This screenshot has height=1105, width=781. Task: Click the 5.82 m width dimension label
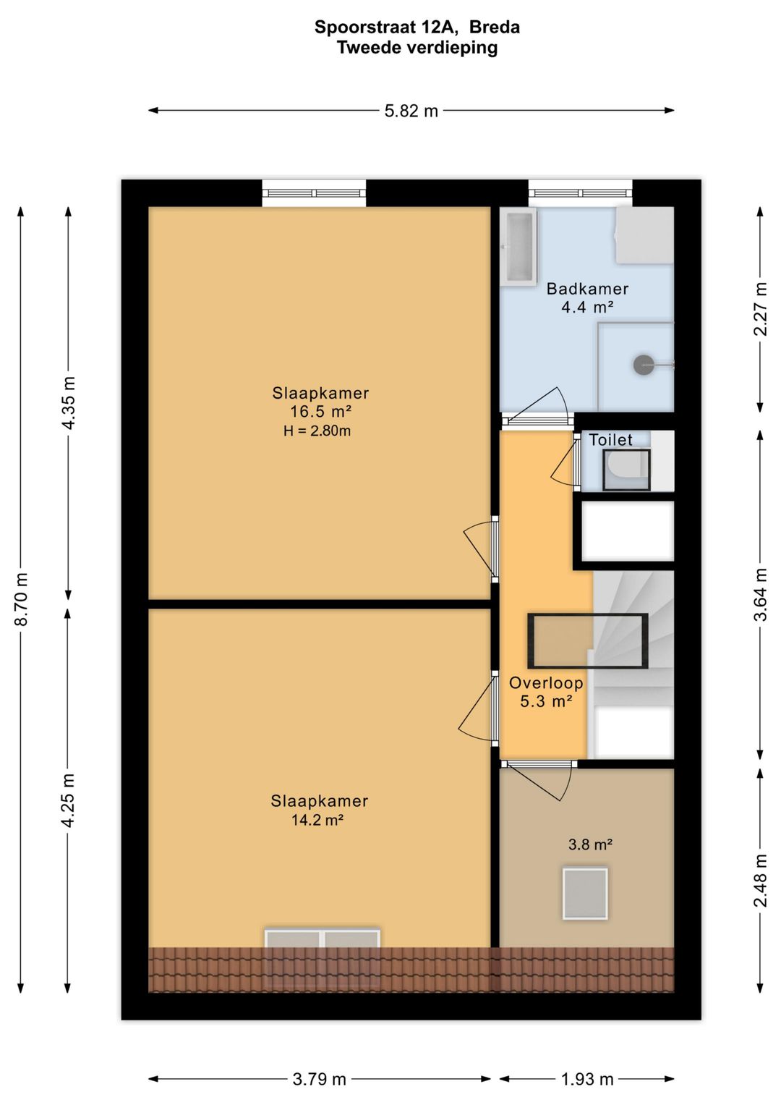[x=411, y=111]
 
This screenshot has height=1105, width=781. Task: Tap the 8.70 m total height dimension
[x=22, y=599]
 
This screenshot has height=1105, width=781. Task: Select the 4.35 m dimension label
[x=69, y=403]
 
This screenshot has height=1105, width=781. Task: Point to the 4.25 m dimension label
[x=69, y=800]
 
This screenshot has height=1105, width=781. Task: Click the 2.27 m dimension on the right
[x=761, y=309]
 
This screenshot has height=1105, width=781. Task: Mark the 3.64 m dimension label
[x=761, y=594]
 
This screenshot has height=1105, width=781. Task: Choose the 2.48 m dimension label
[x=761, y=880]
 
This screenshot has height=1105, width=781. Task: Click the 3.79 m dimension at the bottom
[x=319, y=1079]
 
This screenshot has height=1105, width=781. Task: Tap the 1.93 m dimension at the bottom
[x=586, y=1079]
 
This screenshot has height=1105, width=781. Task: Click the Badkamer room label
[x=587, y=289]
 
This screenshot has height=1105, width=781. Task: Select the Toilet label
[x=610, y=439]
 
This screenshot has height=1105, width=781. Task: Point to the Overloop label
[x=546, y=682]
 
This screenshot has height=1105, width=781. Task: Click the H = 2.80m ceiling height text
[x=317, y=431]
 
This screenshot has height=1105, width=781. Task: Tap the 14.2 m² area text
[x=317, y=820]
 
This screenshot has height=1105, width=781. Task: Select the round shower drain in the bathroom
[x=643, y=365]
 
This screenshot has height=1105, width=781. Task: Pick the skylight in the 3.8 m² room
[x=585, y=893]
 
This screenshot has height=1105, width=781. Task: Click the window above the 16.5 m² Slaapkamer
[x=314, y=193]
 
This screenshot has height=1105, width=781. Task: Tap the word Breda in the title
[x=494, y=27]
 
